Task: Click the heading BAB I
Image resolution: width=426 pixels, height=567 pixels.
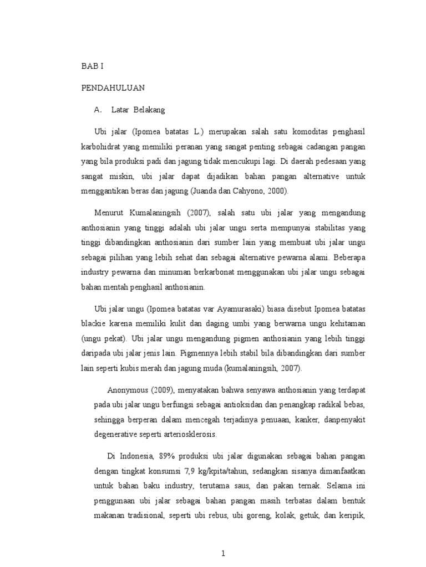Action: [x=92, y=66]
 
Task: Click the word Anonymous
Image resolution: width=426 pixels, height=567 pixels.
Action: [x=127, y=389]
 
